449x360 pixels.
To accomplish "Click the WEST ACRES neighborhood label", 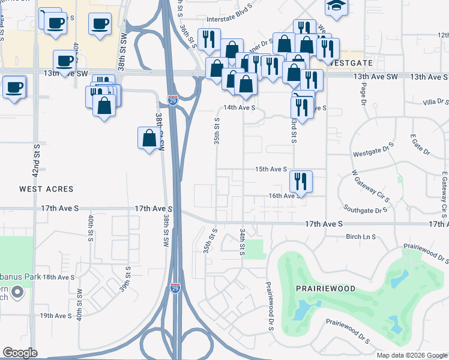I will [46, 189].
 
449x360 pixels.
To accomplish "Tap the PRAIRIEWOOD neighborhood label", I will [325, 289].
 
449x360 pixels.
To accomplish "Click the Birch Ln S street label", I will [361, 237].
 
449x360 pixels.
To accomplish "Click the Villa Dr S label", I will [436, 103].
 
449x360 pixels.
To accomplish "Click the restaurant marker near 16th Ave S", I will [301, 180].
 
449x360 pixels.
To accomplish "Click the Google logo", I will [20, 353].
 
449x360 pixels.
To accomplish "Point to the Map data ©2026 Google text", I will [411, 355].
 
